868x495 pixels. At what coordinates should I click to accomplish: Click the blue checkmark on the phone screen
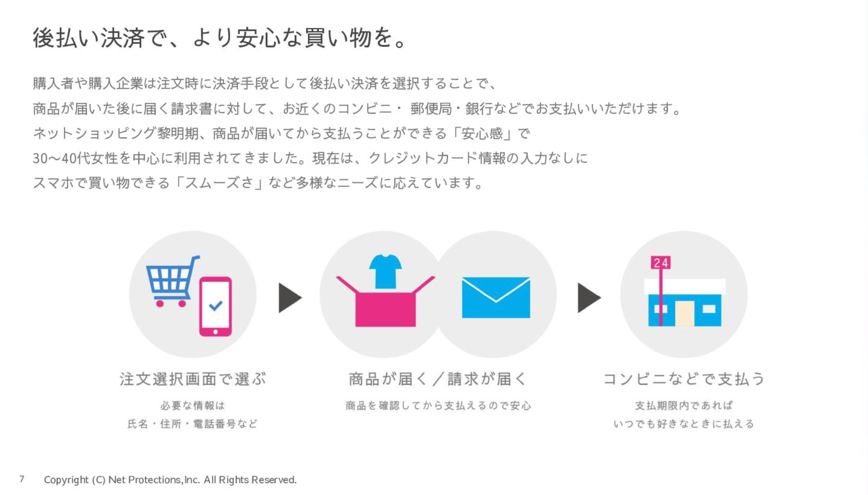[x=215, y=305]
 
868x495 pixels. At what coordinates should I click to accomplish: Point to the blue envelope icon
[x=496, y=298]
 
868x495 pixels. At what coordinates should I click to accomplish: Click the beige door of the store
[x=684, y=314]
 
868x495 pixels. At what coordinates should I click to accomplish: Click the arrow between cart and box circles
[x=289, y=298]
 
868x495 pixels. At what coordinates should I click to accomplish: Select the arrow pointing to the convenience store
[x=588, y=298]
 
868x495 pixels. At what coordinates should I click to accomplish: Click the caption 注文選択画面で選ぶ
[x=192, y=379]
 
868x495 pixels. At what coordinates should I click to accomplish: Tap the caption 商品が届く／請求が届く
[x=438, y=379]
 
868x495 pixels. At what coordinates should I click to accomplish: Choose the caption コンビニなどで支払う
[x=684, y=379]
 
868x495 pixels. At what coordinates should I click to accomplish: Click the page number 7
[x=22, y=479]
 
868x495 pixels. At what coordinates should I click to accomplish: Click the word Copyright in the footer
[x=66, y=480]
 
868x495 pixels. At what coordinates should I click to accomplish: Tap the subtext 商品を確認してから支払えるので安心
[x=438, y=406]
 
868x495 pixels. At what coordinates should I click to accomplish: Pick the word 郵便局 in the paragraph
[x=431, y=109]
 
